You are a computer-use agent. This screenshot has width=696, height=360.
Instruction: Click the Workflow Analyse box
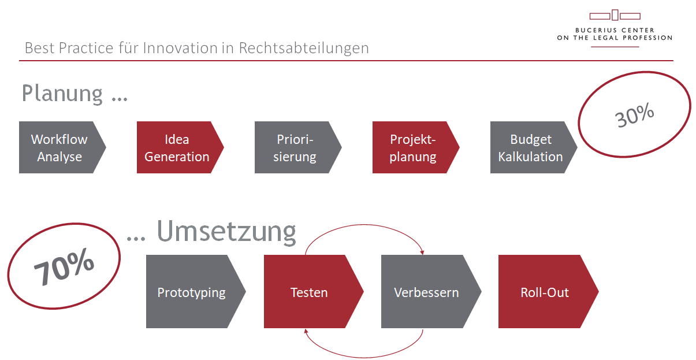[59, 148]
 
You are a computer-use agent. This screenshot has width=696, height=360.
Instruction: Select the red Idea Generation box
[177, 148]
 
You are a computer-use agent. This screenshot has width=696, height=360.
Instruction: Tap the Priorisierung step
[295, 148]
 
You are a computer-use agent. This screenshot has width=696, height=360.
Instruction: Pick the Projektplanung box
[412, 148]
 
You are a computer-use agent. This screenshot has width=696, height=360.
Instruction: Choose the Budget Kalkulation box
[530, 148]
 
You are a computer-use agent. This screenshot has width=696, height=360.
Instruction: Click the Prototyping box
[192, 292]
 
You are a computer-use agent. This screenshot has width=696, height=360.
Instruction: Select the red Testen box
[309, 292]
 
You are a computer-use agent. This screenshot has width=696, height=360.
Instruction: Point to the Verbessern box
[426, 292]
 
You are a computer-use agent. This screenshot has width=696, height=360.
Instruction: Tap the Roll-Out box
[545, 292]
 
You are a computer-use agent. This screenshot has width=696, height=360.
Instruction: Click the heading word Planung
[62, 94]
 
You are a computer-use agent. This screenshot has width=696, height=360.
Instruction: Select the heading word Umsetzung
[226, 232]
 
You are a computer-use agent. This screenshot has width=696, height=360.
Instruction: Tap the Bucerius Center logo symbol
[615, 15]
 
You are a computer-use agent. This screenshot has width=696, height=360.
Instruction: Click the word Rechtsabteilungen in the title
[304, 48]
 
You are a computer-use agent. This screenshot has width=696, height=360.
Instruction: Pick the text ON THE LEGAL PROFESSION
[615, 38]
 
